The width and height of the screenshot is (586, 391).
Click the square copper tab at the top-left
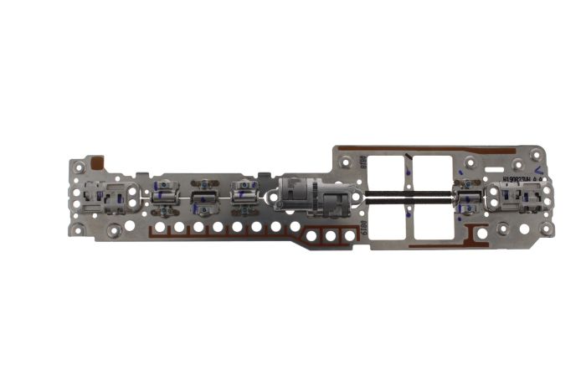pyautogui.click(x=97, y=164)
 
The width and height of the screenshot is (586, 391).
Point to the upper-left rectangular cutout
pyautogui.click(x=388, y=175)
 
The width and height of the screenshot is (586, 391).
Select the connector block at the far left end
pyautogui.click(x=108, y=198)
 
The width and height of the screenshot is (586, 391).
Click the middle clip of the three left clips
pyautogui.click(x=203, y=198)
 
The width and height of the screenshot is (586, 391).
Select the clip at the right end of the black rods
pyautogui.click(x=466, y=198)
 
